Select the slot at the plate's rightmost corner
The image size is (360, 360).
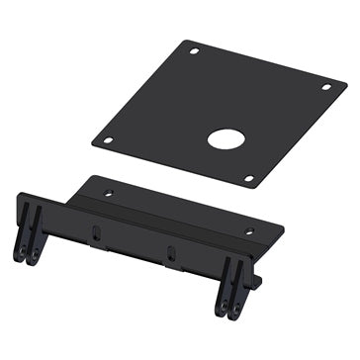click(x=326, y=88)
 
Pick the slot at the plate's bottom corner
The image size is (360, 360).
click(x=248, y=178)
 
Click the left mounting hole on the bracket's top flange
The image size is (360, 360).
click(x=109, y=192)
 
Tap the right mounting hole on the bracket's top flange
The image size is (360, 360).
click(x=248, y=230)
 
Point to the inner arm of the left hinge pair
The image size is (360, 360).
click(x=37, y=237)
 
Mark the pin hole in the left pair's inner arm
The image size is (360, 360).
click(x=35, y=256)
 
